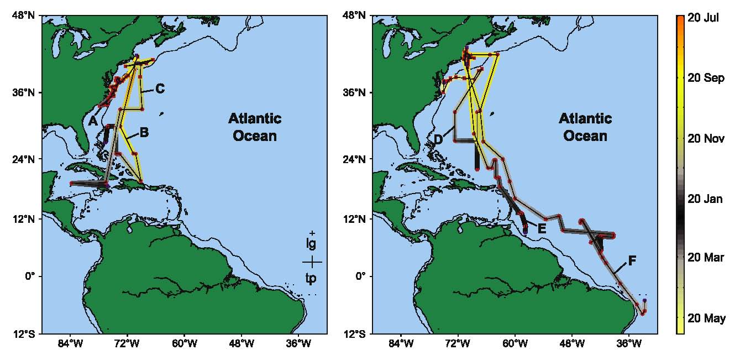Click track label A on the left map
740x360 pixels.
(92, 121)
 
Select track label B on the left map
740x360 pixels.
(144, 132)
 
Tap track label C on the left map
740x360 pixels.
(160, 88)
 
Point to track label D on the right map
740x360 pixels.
(438, 139)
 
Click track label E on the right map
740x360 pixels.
(542, 228)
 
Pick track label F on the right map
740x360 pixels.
(632, 261)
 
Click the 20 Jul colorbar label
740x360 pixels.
(703, 18)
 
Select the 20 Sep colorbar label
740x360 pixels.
(705, 78)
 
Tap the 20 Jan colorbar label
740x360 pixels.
(705, 199)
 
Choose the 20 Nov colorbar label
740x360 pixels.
(705, 138)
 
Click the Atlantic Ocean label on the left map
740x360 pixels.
(255, 127)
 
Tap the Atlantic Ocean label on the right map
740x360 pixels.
(585, 127)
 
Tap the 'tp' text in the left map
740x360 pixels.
(312, 278)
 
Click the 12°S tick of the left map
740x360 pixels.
(23, 333)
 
